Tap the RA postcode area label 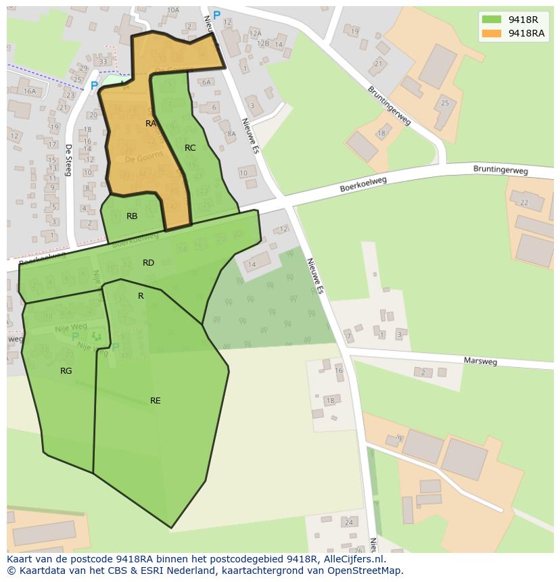tap(151, 124)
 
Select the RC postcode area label tap(190, 147)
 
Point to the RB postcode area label tap(132, 216)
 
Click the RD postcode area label tap(148, 263)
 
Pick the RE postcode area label tap(156, 401)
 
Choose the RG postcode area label tap(66, 371)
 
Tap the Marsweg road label tap(480, 362)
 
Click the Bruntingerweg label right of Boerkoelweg tap(500, 171)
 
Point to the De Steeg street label tap(68, 160)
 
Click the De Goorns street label tap(144, 157)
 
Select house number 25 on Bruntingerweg tap(444, 103)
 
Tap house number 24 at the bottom tap(348, 523)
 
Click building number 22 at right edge tap(521, 201)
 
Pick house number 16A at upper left tap(29, 91)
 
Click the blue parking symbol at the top tap(216, 15)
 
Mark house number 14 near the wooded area tap(252, 264)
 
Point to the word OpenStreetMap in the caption tap(366, 571)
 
